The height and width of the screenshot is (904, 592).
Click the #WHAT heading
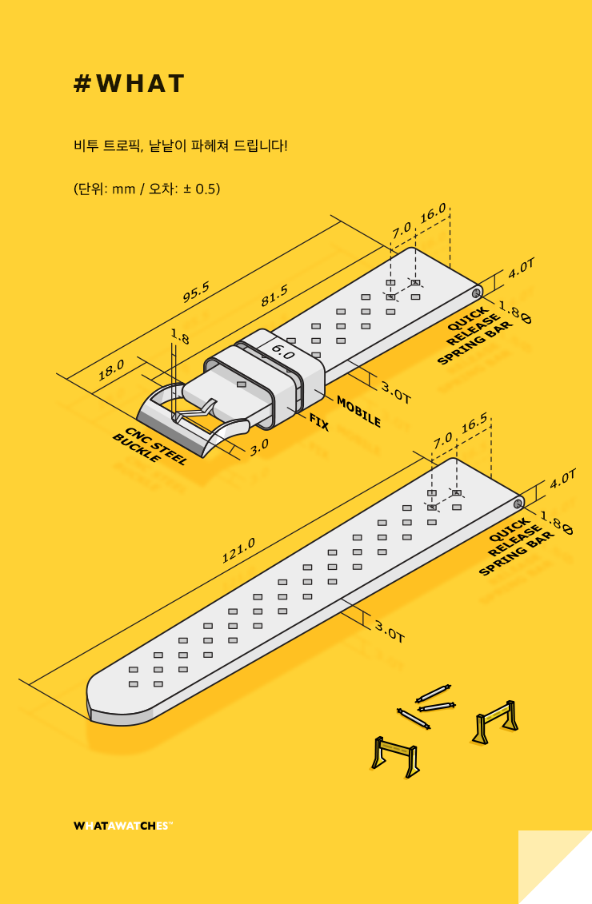click(x=129, y=84)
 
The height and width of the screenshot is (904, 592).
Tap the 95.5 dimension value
click(x=196, y=293)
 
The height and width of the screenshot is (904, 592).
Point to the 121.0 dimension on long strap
click(x=238, y=551)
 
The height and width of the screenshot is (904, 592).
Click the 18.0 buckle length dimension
click(x=111, y=369)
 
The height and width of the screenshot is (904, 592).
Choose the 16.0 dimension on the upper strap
click(x=433, y=214)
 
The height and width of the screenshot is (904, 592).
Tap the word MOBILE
click(x=358, y=411)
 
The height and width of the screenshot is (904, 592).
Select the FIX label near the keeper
click(x=318, y=422)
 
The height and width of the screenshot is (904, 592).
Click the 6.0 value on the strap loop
click(x=282, y=349)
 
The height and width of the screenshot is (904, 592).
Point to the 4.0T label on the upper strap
click(x=521, y=268)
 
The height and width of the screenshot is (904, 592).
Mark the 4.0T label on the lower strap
click(x=562, y=479)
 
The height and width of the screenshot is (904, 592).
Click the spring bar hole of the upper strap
click(x=476, y=293)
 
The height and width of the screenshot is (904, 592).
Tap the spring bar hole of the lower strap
click(x=518, y=504)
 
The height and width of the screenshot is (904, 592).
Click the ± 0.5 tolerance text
click(x=194, y=189)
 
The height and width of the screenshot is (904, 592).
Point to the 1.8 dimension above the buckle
click(x=179, y=337)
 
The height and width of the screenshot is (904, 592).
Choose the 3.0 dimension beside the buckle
click(x=259, y=447)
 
